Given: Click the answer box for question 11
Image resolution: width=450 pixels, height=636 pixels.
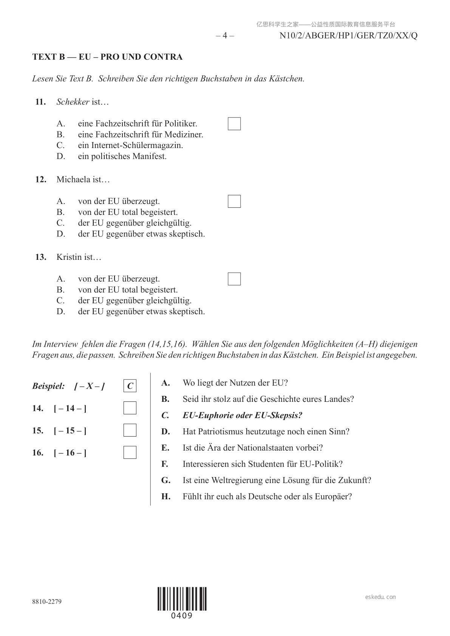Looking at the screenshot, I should [234, 124].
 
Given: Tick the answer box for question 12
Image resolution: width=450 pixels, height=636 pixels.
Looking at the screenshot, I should [234, 201].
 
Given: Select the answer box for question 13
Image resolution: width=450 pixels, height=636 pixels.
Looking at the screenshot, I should [234, 279].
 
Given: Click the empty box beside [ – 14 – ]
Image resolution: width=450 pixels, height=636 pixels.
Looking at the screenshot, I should [130, 408].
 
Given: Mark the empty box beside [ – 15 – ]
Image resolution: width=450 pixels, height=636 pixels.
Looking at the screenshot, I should [130, 431].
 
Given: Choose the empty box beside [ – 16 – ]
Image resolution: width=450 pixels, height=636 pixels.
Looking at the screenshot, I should [130, 452].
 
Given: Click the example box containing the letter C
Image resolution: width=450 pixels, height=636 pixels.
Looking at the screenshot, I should [130, 386].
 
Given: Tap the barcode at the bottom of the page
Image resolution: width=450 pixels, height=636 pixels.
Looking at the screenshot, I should [182, 599].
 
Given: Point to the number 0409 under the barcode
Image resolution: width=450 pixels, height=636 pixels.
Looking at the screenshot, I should [182, 616].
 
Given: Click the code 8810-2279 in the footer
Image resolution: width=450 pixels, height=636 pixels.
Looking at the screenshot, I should [47, 602].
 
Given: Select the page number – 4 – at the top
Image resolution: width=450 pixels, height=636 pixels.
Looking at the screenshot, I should [225, 36].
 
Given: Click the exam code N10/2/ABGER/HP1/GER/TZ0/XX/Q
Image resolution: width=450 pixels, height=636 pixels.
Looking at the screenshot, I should [348, 36].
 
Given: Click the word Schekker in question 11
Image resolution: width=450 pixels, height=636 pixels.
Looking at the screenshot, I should [73, 102].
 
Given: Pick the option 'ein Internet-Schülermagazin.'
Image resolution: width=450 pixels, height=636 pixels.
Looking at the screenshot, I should [130, 145].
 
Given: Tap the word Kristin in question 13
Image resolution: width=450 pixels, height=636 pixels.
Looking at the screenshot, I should [69, 257].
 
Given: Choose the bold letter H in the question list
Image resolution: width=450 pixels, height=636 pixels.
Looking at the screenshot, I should [165, 497].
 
